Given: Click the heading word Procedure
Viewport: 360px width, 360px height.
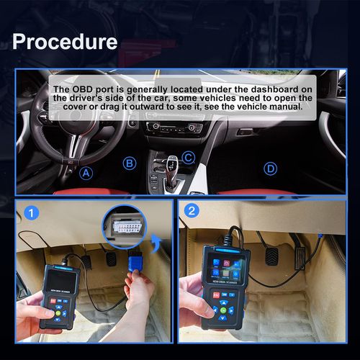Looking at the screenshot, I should tap(65, 41).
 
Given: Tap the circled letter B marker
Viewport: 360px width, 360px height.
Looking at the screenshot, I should tap(130, 163).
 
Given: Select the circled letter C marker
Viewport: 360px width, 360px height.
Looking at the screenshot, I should tap(187, 157).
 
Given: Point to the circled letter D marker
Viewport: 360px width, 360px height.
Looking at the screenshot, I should tap(270, 168).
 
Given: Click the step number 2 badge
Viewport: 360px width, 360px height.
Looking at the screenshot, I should tap(192, 212).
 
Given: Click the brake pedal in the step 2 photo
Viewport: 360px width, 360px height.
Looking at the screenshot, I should tap(272, 256).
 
